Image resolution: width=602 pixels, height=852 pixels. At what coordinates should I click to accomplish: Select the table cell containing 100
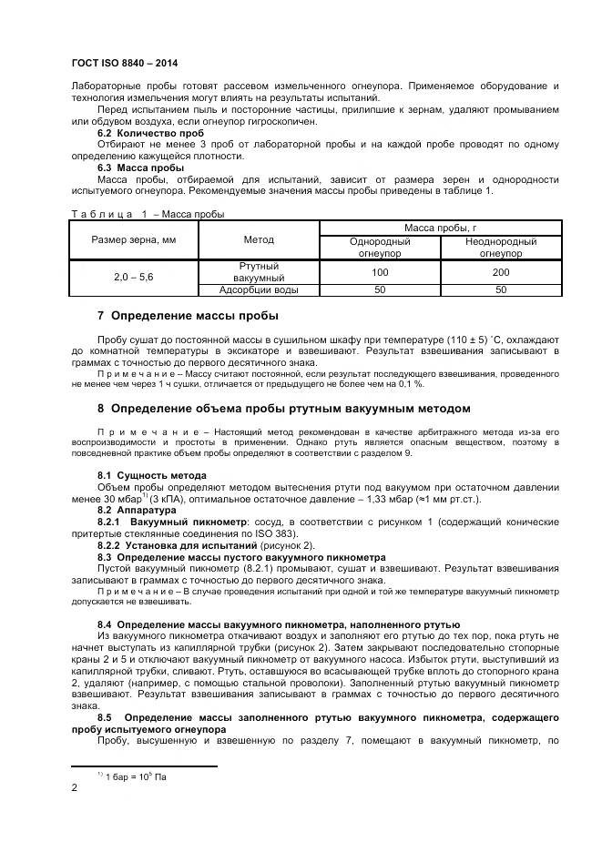(380, 272)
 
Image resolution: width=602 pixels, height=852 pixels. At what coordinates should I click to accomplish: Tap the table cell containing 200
(500, 272)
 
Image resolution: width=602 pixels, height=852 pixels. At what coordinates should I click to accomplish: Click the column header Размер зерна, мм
(134, 239)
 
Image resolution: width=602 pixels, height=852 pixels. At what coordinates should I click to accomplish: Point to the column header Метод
(259, 239)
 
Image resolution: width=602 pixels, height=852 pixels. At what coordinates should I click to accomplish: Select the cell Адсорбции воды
(259, 290)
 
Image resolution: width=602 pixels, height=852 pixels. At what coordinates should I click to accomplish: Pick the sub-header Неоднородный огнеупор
(500, 247)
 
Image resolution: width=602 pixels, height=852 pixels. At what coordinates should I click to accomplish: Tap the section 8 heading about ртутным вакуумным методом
(283, 408)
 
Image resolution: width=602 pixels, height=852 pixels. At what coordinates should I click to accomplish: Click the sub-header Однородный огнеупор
(380, 247)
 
